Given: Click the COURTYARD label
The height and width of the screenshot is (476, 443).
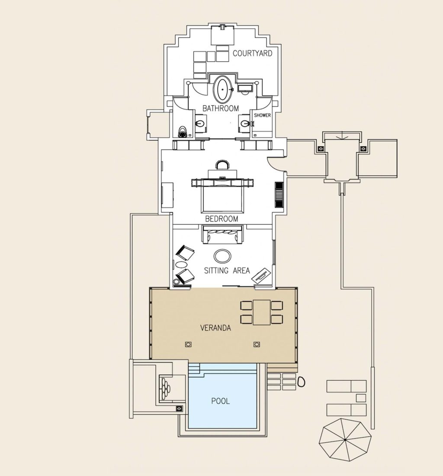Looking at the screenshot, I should [x=253, y=54].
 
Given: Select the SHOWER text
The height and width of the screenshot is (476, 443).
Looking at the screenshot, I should [x=262, y=116].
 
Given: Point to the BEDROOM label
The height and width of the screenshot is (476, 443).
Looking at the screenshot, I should [x=222, y=219].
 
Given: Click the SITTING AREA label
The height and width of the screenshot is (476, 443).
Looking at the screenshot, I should [x=227, y=270].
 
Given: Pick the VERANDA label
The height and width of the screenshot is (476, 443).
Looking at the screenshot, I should [x=215, y=328].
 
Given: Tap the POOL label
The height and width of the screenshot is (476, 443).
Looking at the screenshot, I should [x=220, y=401].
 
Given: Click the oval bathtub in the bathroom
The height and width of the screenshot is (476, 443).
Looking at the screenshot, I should [x=223, y=89].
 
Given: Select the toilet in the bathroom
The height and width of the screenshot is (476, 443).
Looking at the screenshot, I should [x=182, y=131].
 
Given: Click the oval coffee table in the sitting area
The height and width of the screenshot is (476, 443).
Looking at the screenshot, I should [x=223, y=256].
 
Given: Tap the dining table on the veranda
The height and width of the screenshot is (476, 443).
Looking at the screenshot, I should [x=262, y=312].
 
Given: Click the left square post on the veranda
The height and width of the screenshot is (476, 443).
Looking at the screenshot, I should [x=188, y=344].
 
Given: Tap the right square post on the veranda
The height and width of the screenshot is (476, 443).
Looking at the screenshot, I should [x=257, y=344].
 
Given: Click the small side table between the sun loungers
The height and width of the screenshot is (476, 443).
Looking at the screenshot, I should [x=360, y=397].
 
